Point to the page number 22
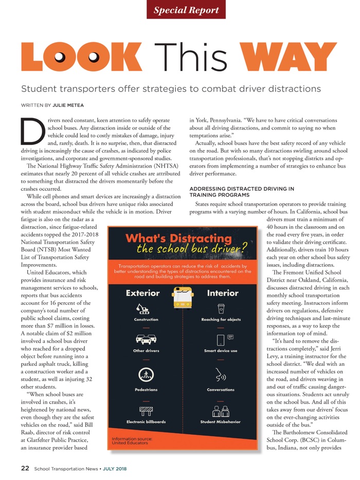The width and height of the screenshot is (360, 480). click(25, 468)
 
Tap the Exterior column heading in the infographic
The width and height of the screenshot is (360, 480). click(143, 293)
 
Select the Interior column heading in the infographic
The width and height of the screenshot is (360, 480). click(222, 293)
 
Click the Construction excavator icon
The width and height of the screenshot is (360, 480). click(143, 308)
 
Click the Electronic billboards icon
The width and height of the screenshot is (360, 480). click(146, 410)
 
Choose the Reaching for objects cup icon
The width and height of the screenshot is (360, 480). click(221, 308)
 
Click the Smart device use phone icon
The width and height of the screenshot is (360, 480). click(222, 339)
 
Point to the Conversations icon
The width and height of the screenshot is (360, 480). click(221, 375)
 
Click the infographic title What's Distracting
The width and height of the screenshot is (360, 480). click(178, 238)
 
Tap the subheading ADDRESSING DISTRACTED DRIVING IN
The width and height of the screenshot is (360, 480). click(242, 189)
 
